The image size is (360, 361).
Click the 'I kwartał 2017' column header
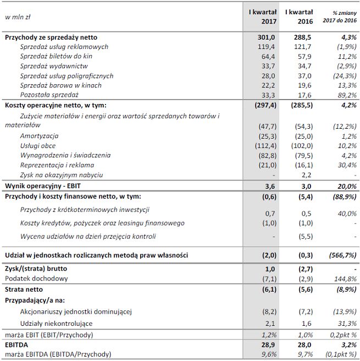[263, 17]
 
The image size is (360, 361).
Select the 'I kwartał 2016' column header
[299, 17]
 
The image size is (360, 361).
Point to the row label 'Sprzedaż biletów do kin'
[57, 56]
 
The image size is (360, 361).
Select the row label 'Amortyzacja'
[39, 135]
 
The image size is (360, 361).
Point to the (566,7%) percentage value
[344, 256]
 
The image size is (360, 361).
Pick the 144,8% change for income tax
[346, 278]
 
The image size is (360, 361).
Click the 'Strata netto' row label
[24, 289]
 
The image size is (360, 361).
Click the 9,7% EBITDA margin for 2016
[304, 354]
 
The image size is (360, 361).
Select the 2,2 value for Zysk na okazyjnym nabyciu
[307, 175]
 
